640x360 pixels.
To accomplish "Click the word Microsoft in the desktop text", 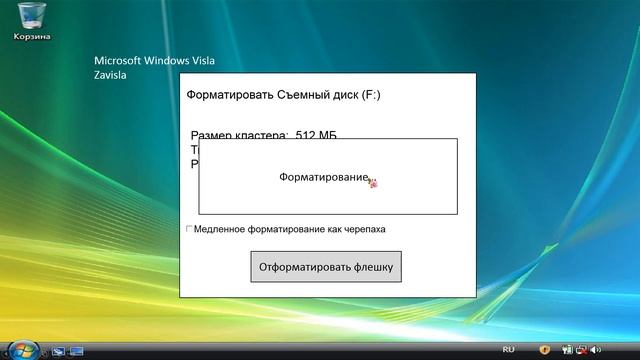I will tap(118, 60).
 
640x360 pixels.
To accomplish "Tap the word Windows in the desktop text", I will tap(174, 60).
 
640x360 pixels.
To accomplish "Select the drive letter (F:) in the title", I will tap(371, 96).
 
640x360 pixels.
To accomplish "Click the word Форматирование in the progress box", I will tap(323, 177).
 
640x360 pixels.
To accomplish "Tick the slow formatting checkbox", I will tap(189, 229).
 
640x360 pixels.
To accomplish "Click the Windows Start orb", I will tap(26, 349).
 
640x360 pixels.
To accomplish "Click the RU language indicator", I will tap(508, 349).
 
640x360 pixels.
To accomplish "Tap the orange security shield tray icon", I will tap(545, 349).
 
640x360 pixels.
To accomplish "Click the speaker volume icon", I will tap(594, 349).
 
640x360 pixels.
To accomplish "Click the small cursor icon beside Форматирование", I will tap(374, 182).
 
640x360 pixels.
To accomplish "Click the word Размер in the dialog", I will tap(213, 134).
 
